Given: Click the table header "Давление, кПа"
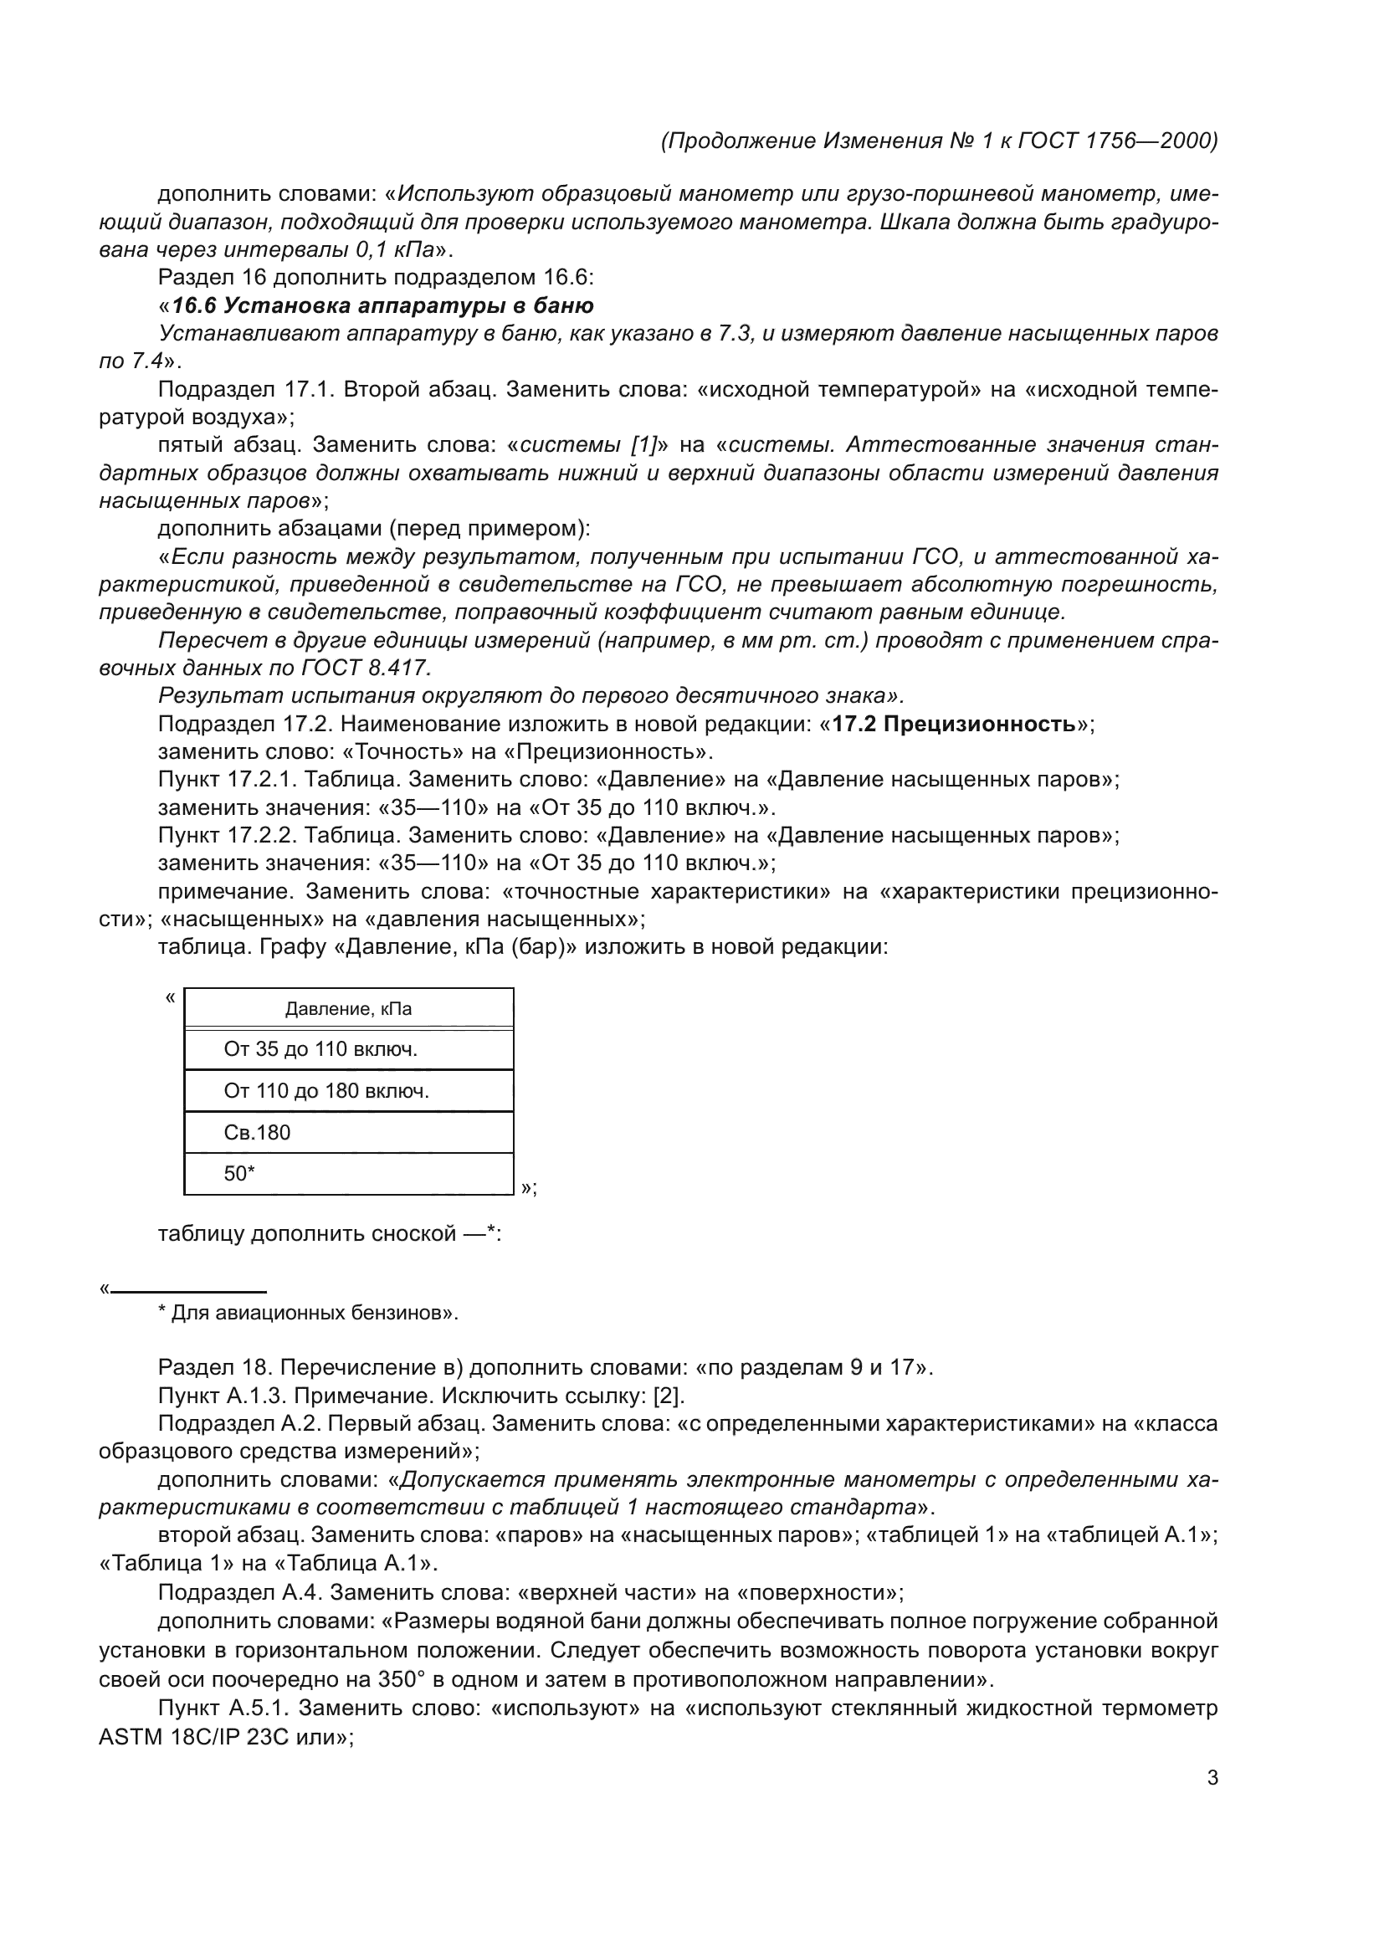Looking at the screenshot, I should pos(348,1009).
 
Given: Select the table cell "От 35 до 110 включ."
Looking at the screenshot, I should pos(320,1049).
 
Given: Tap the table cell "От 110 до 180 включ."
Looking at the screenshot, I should pos(325,1091).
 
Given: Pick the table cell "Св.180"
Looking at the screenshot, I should pos(257,1133).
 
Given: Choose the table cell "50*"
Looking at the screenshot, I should pos(239,1174).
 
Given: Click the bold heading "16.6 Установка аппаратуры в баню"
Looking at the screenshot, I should pos(382,305).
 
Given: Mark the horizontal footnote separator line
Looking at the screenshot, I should pos(188,1291).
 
